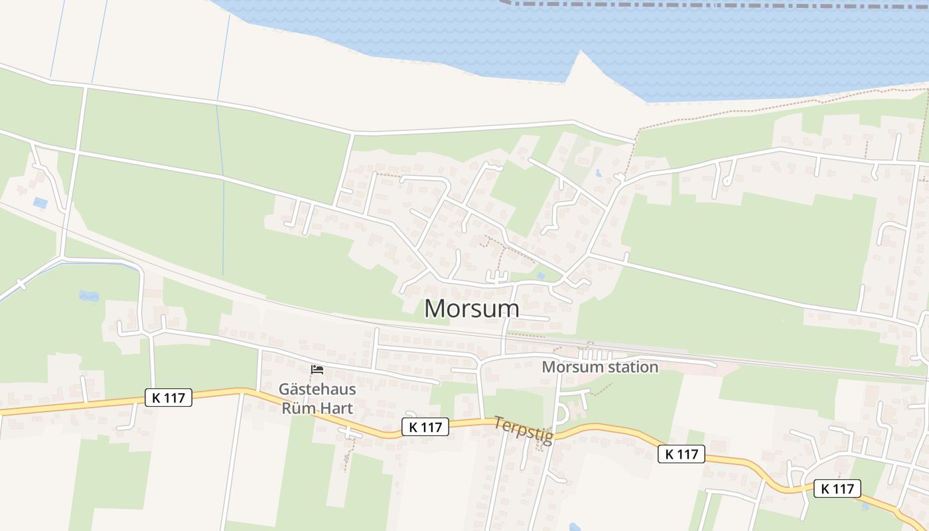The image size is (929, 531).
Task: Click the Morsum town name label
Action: pos(471,309)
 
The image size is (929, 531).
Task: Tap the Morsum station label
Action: pos(600,367)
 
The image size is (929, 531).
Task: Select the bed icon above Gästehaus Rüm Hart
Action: pos(317,369)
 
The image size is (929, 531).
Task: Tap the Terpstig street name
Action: pos(524,430)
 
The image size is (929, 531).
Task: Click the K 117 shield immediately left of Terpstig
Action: pos(425,427)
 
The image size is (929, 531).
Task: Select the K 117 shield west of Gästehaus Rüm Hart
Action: pos(169,398)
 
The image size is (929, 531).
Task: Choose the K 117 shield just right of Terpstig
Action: pos(681,454)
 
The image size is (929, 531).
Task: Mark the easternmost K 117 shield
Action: pos(837,489)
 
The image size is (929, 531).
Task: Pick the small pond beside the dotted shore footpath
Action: pos(599,174)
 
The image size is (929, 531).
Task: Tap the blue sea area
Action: pos(730,46)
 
